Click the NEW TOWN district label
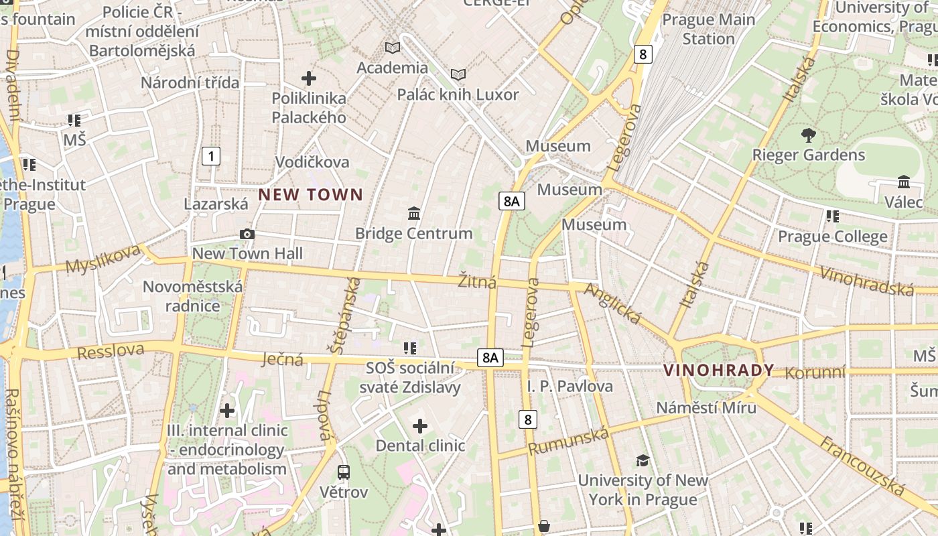311,195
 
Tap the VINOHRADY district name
718,370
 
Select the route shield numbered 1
211,157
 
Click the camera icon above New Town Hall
247,234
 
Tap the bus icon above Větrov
344,472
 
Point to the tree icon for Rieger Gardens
809,135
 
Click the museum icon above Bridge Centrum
414,214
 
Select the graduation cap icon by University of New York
643,460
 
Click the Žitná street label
477,282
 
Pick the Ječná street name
281,359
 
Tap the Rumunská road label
569,441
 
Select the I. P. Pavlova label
569,387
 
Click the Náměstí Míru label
706,407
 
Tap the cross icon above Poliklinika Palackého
309,78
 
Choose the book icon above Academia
393,48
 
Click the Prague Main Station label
708,29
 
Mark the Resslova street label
111,350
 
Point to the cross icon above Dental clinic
420,426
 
